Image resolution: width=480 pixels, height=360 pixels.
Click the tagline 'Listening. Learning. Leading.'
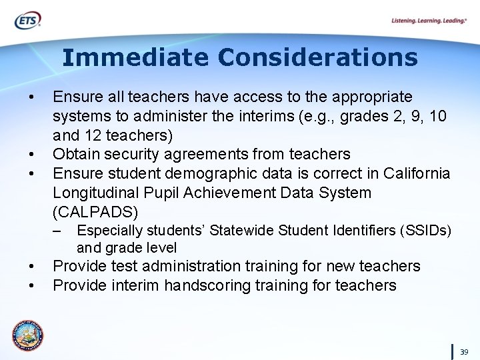click(x=429, y=21)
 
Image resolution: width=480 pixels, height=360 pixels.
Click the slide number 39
click(x=464, y=351)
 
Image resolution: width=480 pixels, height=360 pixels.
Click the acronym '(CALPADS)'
click(x=95, y=212)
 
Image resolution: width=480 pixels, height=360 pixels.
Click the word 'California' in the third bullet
click(x=417, y=174)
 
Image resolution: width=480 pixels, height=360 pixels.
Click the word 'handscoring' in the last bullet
click(x=203, y=285)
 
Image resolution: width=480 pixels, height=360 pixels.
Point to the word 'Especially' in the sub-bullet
click(x=106, y=231)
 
